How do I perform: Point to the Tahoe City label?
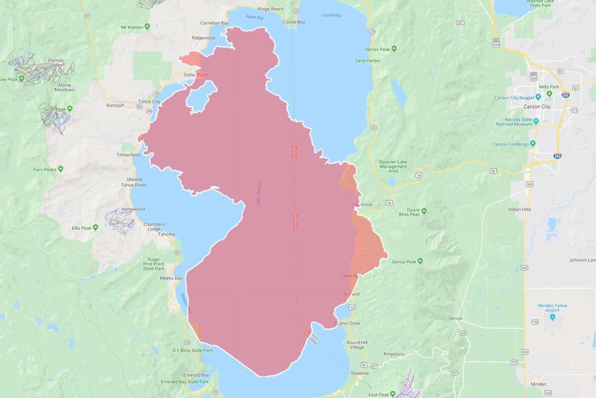point(149,101)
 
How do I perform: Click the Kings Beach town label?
point(270,9)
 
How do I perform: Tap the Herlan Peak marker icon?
point(394,49)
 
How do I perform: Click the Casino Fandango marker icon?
point(532,143)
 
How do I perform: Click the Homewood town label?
point(133,209)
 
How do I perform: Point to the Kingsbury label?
point(395,354)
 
